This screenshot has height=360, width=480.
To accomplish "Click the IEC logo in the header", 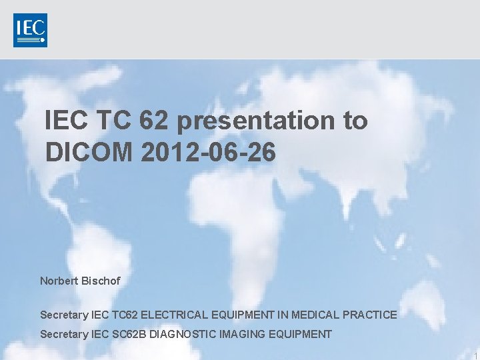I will pos(30,30).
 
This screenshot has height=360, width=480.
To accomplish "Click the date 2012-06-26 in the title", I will pos(209,152).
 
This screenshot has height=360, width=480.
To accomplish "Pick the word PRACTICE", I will pos(372,314).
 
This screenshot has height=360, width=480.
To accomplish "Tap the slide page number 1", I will pos(475,355).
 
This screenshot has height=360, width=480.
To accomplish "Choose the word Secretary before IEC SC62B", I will pos(64,334).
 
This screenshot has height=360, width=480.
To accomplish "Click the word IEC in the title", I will pos(66,121).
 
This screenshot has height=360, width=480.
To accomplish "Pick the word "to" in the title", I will pos(355,121).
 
